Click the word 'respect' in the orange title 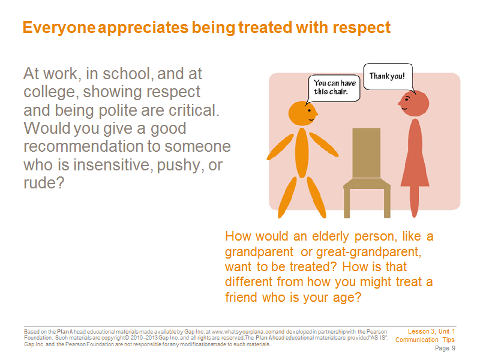pyautogui.click(x=362, y=28)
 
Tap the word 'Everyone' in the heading pyautogui.click(x=59, y=28)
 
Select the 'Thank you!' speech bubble pyautogui.click(x=388, y=77)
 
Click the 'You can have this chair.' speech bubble pyautogui.click(x=334, y=88)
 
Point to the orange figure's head pyautogui.click(x=303, y=113)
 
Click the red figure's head pyautogui.click(x=414, y=103)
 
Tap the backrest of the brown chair pyautogui.click(x=367, y=153)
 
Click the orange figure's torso pyautogui.click(x=302, y=152)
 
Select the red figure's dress pyautogui.click(x=415, y=152)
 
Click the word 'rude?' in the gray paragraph pyautogui.click(x=44, y=183)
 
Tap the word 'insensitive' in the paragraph pyautogui.click(x=113, y=164)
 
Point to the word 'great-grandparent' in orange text pyautogui.click(x=368, y=252)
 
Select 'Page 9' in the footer pyautogui.click(x=445, y=349)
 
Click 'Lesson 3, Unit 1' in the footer pyautogui.click(x=431, y=332)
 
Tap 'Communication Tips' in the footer pyautogui.click(x=425, y=340)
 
